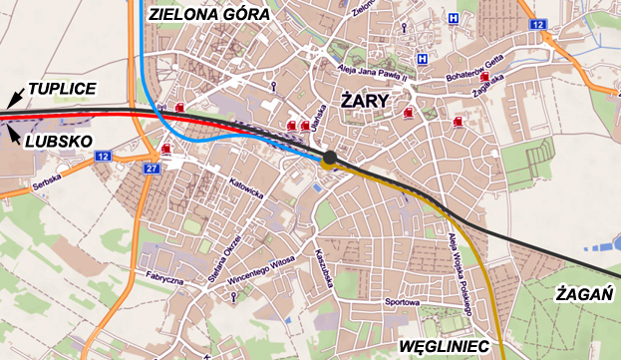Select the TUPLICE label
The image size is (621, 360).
coord(63,90)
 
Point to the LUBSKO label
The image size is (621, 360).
coord(58,142)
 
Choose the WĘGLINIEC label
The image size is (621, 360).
coord(442,345)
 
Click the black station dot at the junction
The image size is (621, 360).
coord(330,157)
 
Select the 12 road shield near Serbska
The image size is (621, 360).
coord(104,157)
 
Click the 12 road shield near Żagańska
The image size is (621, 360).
coord(537,23)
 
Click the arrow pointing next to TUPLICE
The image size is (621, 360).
coord(13,98)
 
